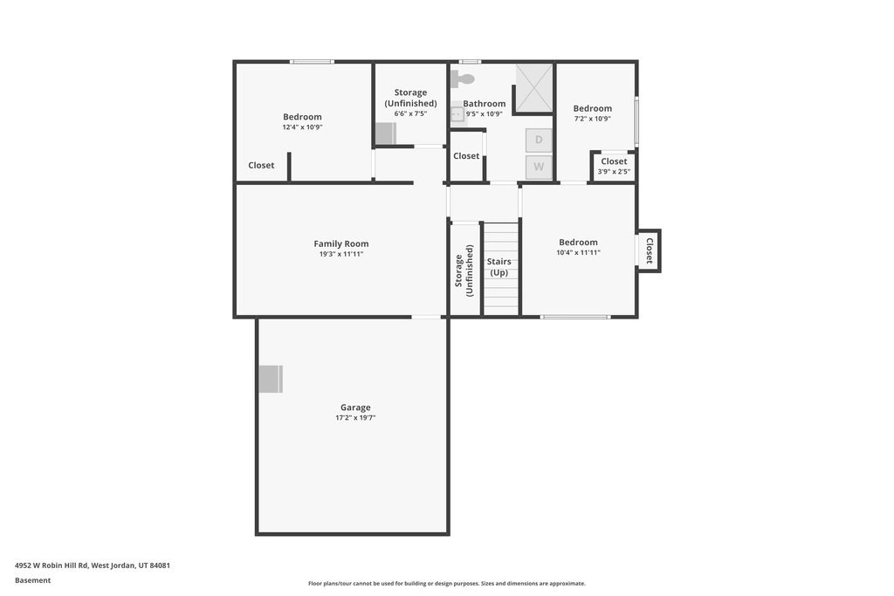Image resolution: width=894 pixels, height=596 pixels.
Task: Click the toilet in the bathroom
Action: tap(463, 79)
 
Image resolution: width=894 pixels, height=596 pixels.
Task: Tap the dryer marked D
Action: tap(539, 140)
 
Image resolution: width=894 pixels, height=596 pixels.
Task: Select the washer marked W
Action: tap(539, 167)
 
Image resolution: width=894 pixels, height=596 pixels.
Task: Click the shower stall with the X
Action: tap(533, 87)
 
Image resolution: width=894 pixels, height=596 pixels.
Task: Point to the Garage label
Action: tap(355, 408)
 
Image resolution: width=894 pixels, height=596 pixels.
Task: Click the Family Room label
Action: tap(341, 244)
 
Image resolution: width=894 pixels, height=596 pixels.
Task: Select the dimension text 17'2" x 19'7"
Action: tap(355, 418)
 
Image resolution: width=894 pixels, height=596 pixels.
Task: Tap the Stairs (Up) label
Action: tap(499, 267)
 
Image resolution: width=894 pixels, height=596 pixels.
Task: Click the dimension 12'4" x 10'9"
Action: tap(302, 127)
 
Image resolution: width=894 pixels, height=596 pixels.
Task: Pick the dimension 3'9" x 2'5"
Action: tap(614, 172)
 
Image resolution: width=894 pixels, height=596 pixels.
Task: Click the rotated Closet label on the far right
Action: tap(650, 251)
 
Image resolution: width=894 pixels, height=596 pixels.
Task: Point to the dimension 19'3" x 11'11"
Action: tap(341, 255)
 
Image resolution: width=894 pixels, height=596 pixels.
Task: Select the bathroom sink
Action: tap(457, 113)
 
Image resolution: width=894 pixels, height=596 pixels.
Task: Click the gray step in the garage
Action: tap(271, 379)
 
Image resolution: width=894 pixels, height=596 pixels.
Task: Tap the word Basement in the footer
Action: tap(33, 580)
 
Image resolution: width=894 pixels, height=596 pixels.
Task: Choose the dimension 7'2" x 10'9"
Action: tap(592, 119)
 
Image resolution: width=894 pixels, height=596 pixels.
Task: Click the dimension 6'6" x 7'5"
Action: tap(410, 113)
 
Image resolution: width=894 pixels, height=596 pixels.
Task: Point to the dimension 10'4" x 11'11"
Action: tap(578, 252)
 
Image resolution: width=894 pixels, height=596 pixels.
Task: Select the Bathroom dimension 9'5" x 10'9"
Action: tap(484, 113)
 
